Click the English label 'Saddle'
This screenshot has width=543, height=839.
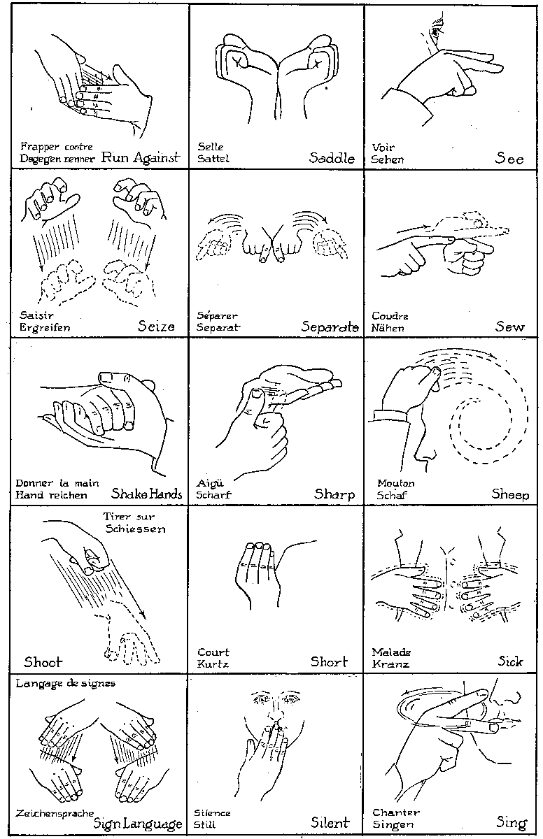tap(332, 158)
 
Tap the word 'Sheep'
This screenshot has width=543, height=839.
tap(510, 494)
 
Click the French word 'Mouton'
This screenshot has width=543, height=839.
tap(396, 483)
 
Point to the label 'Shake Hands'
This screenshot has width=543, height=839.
tap(146, 494)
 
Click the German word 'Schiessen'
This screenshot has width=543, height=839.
tap(135, 529)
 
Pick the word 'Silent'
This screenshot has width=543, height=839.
tap(330, 822)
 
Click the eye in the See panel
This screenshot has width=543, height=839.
tap(435, 32)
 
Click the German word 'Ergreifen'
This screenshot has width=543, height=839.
tap(45, 328)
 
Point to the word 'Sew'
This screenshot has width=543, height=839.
tap(509, 327)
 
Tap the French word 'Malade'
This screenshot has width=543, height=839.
tap(391, 652)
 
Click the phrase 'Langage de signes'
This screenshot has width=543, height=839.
tap(66, 684)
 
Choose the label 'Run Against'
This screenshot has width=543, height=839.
tap(141, 158)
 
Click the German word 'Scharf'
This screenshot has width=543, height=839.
tap(213, 494)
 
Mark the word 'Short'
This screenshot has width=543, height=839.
tap(329, 662)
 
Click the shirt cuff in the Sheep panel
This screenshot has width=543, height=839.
tap(390, 417)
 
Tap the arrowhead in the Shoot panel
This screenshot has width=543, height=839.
tap(142, 615)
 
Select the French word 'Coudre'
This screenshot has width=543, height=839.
tap(390, 316)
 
